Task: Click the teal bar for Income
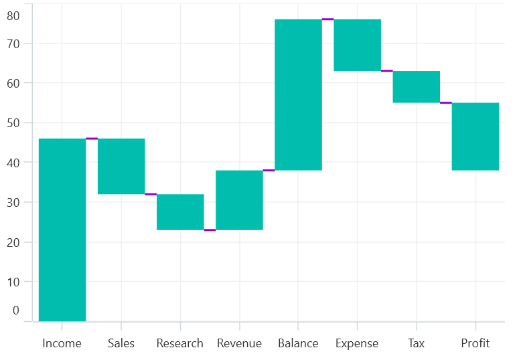coord(62,230)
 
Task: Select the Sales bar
coord(121,166)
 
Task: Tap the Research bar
coord(180,212)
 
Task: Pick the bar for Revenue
coord(239,200)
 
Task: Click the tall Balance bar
coord(298,94)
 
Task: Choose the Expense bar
coord(357,45)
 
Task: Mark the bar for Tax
coord(416,86)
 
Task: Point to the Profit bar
coord(475,137)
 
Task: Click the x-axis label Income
coord(62,343)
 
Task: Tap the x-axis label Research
coord(180,343)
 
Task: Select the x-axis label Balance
coord(298,343)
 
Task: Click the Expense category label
coord(357,343)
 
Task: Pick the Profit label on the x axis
coord(475,343)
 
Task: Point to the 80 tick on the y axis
coord(13,15)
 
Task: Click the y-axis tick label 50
coord(13,123)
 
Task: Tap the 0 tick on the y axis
coord(16,310)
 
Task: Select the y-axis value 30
coord(13,202)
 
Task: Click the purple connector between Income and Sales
coord(92,139)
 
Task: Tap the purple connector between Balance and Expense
coord(327,19)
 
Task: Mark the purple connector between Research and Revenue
coord(210,230)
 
